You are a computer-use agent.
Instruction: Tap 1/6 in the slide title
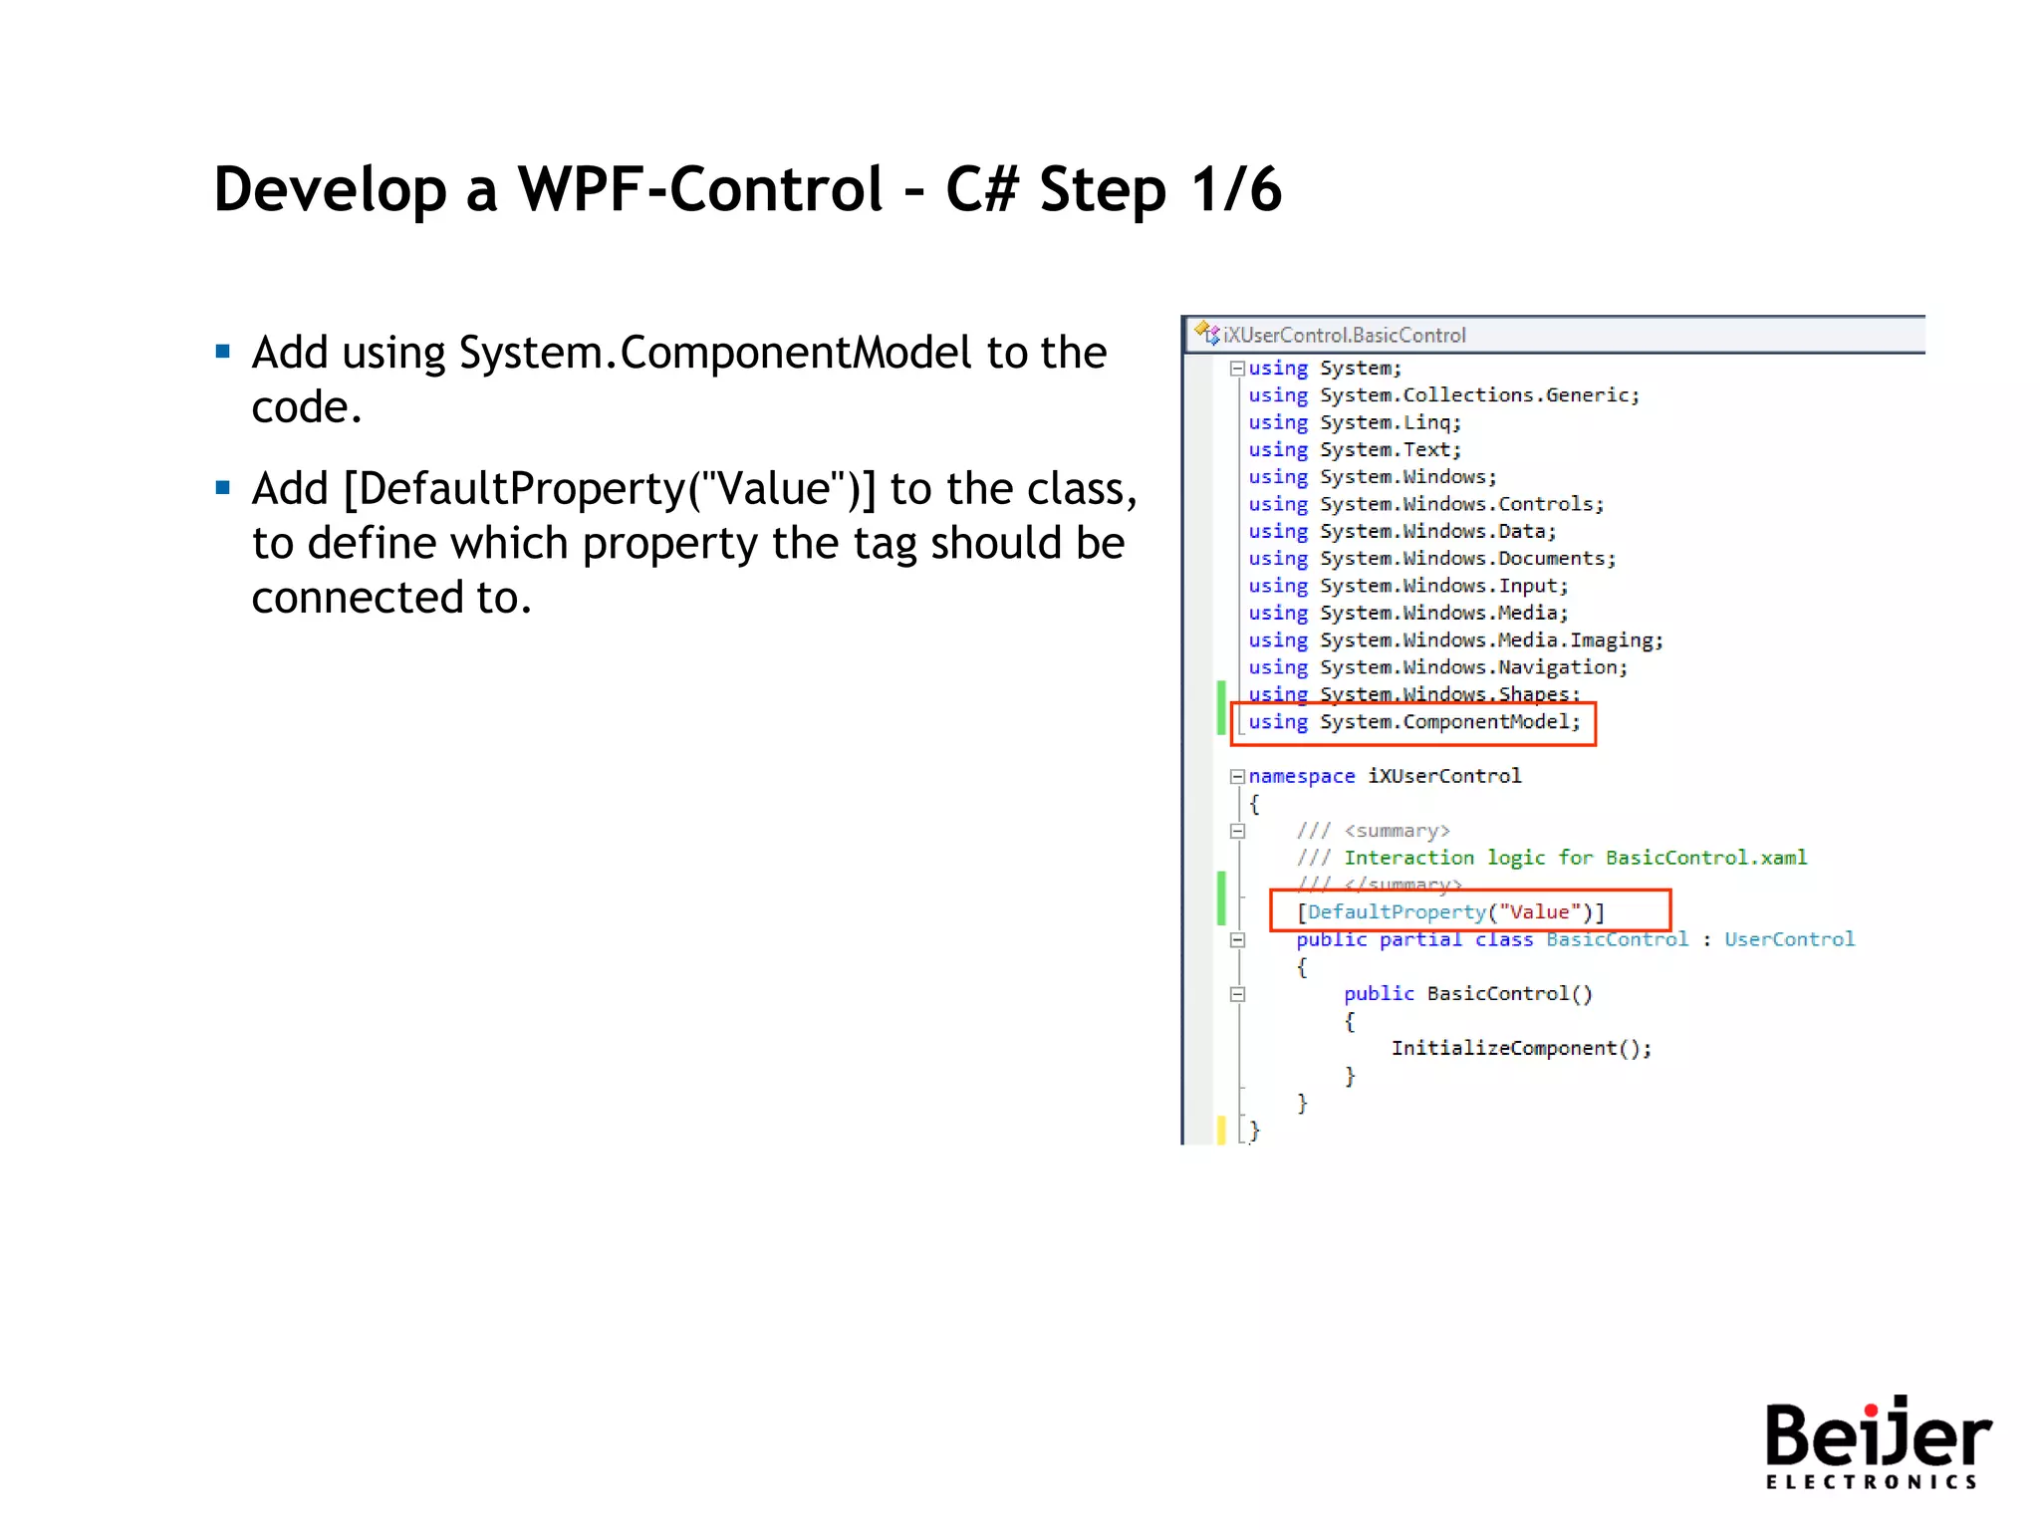(1236, 189)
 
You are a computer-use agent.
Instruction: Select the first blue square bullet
(223, 352)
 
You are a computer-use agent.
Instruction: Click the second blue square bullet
(223, 488)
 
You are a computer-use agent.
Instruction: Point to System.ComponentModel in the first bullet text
(714, 353)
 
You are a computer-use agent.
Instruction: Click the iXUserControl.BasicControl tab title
(1344, 336)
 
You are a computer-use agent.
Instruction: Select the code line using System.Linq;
(1354, 422)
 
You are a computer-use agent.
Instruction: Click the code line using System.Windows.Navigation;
(1437, 667)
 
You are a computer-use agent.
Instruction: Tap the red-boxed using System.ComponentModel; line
(1413, 722)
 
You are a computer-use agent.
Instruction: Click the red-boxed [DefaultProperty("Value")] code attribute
(1450, 911)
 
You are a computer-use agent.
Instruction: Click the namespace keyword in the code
(1301, 776)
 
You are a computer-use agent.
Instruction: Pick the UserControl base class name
(1789, 939)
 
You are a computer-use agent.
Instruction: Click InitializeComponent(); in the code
(1520, 1048)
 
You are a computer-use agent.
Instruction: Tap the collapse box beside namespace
(1237, 776)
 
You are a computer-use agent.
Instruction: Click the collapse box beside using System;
(1237, 369)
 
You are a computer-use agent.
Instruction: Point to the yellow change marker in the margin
(1221, 1130)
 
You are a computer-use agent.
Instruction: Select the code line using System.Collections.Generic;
(1443, 395)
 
